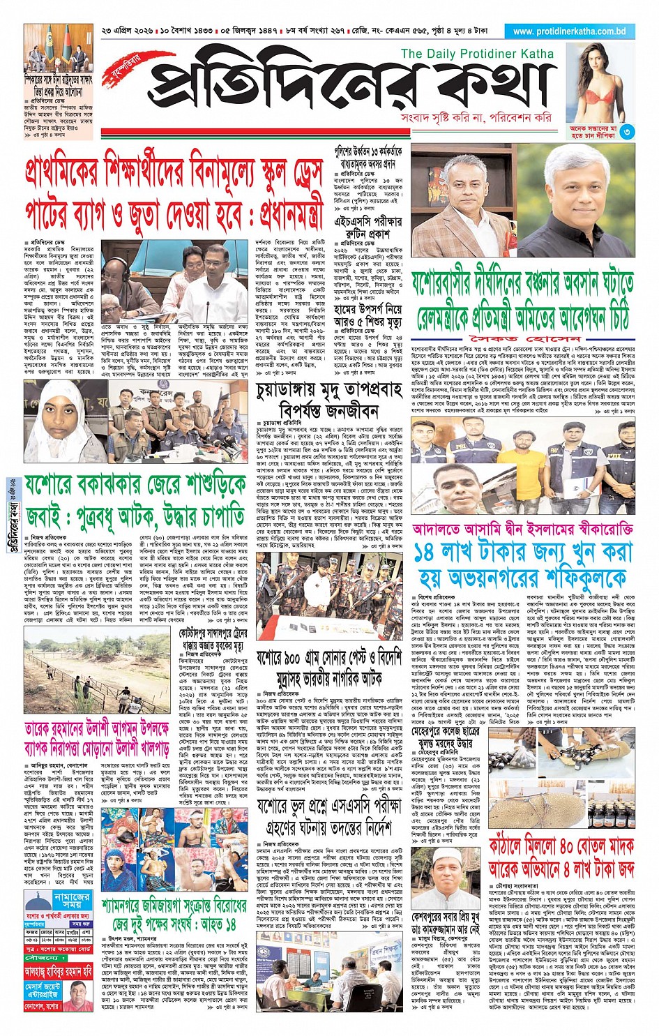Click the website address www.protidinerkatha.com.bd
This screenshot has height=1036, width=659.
tap(569, 31)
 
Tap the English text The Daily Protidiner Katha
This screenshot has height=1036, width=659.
tap(477, 54)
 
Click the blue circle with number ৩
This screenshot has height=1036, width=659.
tap(628, 131)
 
